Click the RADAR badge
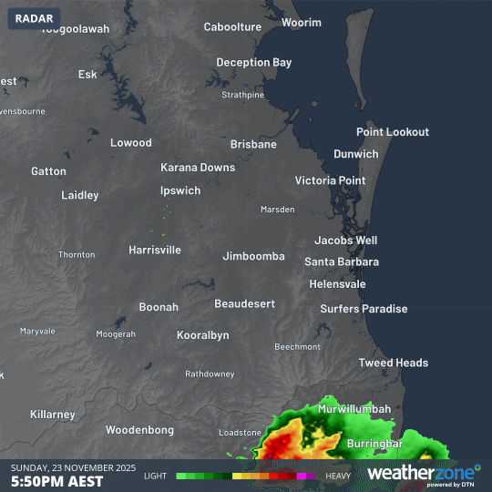[35, 18]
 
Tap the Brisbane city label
[253, 145]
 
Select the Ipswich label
[180, 191]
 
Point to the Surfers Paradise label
[364, 309]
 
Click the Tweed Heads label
[393, 363]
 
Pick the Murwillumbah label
[354, 410]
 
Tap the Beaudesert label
[244, 303]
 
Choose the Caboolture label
[232, 27]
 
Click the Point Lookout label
[392, 132]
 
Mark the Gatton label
[48, 171]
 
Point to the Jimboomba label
[253, 256]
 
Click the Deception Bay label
[254, 63]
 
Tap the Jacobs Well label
[345, 241]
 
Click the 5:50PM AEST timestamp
[56, 481]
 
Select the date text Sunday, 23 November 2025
[73, 467]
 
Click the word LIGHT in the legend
[155, 476]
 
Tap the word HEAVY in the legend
[338, 476]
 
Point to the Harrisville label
[155, 250]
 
